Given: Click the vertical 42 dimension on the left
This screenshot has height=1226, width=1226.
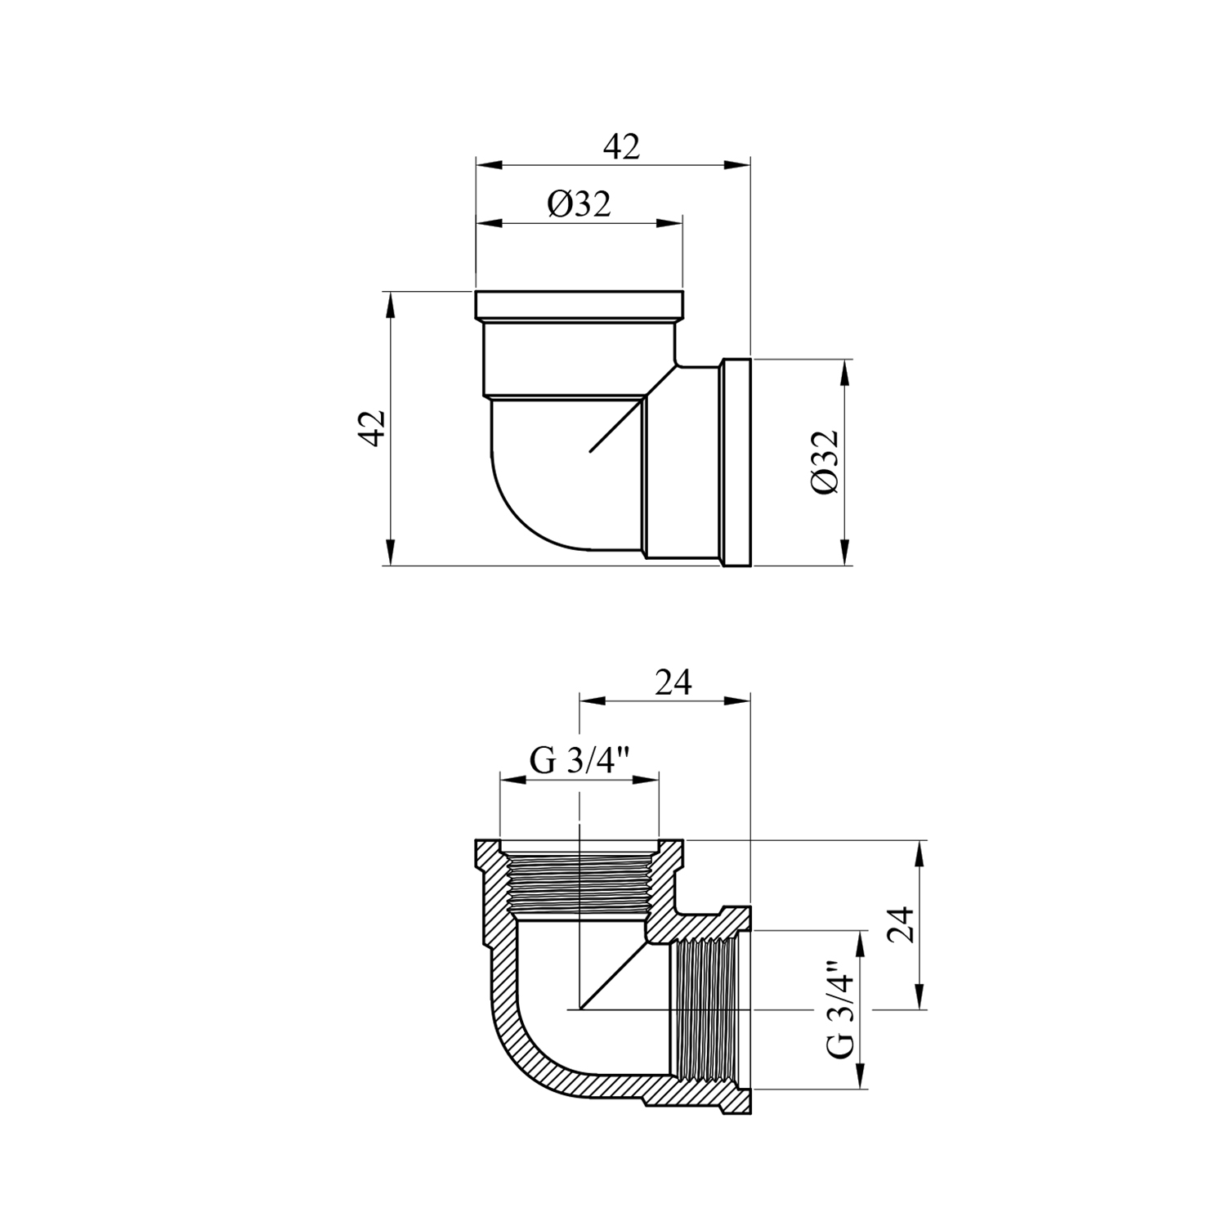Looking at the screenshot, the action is coord(372,427).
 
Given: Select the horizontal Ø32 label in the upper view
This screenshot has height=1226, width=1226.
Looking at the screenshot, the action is coord(579,204).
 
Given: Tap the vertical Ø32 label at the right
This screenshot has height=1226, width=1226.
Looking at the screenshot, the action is coord(826,462).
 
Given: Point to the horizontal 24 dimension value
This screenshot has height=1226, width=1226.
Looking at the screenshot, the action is coord(673,682).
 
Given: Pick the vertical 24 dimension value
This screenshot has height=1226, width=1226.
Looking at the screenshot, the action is coord(902,924).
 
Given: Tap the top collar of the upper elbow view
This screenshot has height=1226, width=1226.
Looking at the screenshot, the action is coord(579,305).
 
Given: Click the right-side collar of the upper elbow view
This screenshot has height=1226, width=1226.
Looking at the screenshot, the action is coord(736,461).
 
